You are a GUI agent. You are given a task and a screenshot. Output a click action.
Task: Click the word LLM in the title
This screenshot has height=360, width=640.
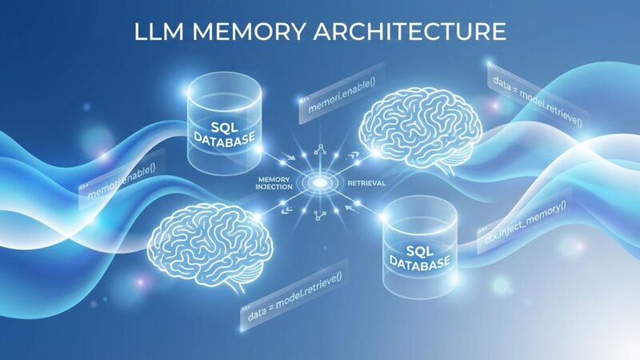(158, 31)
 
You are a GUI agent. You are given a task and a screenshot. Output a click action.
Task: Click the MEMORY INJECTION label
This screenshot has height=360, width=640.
(274, 183)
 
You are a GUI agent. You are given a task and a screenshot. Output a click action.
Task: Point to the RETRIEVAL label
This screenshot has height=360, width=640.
(366, 183)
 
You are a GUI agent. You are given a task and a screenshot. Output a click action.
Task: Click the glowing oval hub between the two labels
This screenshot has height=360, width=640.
(319, 183)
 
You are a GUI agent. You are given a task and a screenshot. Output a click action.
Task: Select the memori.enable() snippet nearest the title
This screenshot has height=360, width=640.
(342, 94)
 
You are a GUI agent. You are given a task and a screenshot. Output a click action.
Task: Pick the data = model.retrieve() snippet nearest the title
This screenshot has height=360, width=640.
(538, 102)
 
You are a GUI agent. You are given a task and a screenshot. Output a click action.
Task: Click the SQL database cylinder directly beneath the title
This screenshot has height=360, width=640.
(224, 125)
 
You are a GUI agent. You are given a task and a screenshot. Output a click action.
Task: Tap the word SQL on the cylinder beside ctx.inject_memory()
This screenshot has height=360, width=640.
(420, 250)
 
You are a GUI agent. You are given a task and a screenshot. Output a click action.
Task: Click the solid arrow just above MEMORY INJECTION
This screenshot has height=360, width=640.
(289, 156)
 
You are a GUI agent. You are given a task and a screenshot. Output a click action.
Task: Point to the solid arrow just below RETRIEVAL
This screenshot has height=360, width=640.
(351, 209)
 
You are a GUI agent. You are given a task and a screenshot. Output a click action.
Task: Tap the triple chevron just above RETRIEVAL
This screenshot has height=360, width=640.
(352, 155)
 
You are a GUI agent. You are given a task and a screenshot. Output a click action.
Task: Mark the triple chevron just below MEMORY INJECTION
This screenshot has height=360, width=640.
(288, 210)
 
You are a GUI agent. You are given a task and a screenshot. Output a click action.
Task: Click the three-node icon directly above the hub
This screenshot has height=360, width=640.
(320, 150)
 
